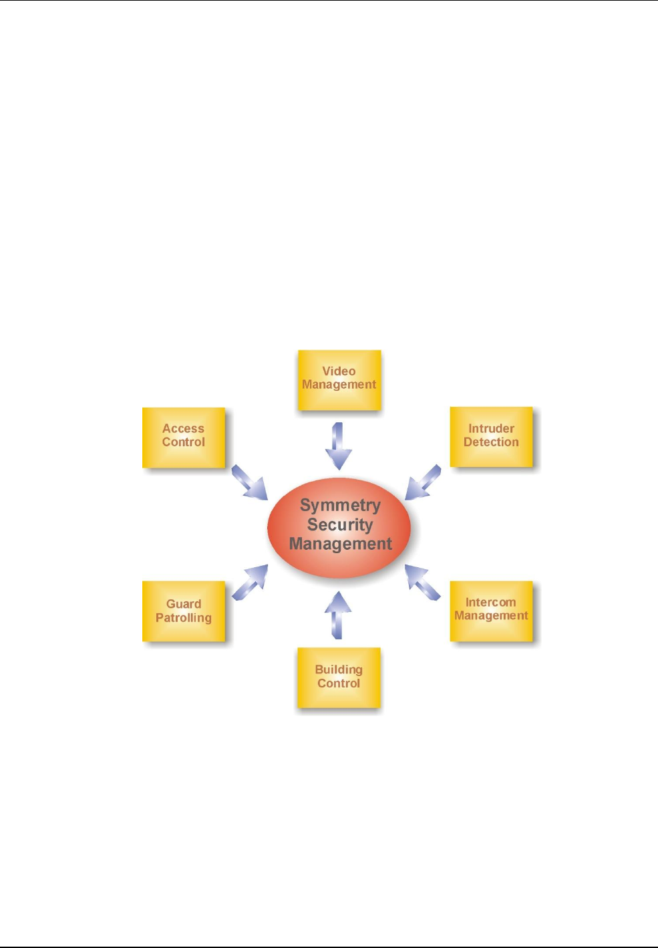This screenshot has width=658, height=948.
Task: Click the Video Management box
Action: [x=339, y=379]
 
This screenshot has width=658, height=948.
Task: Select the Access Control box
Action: [x=184, y=437]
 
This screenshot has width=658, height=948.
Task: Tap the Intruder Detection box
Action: [x=491, y=436]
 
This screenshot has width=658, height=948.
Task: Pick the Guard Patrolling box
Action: [x=184, y=611]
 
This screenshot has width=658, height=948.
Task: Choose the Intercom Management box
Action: [x=491, y=611]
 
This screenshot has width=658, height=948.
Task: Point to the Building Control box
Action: [x=339, y=677]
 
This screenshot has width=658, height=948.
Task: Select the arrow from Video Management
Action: [x=339, y=446]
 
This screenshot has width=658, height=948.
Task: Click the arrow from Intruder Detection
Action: [x=423, y=482]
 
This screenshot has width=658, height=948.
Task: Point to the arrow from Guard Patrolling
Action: [x=250, y=582]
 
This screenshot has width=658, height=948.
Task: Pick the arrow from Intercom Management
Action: [x=423, y=582]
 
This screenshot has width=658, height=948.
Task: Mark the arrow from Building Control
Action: [x=338, y=615]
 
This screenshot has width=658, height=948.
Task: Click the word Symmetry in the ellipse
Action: [x=340, y=506]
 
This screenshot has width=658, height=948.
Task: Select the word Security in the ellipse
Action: [x=339, y=525]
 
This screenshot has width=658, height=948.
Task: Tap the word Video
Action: [x=339, y=371]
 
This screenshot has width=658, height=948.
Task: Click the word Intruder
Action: [x=491, y=428]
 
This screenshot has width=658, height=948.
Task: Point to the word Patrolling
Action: [x=184, y=618]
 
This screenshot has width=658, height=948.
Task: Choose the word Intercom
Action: [x=490, y=602]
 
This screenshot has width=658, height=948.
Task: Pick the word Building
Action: [x=339, y=669]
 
